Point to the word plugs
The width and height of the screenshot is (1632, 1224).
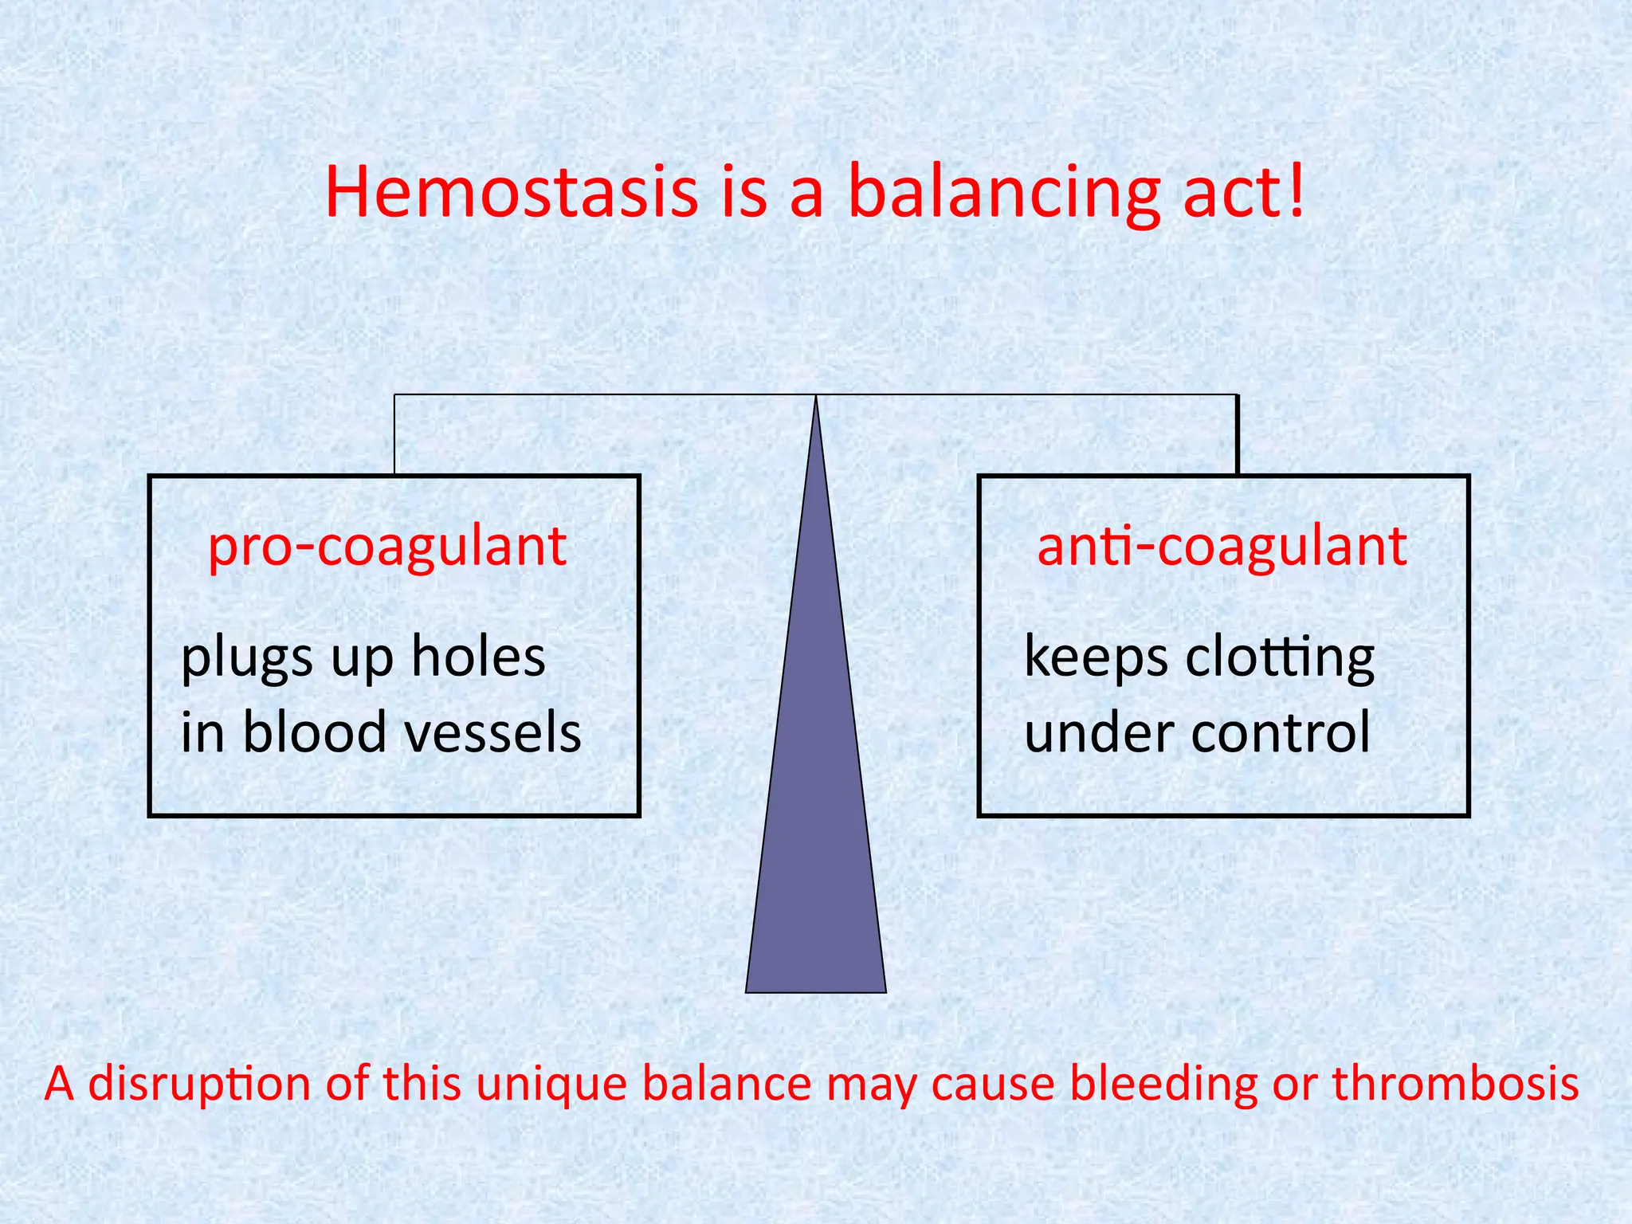(x=246, y=659)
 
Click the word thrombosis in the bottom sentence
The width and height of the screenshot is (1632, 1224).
(x=1455, y=1084)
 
